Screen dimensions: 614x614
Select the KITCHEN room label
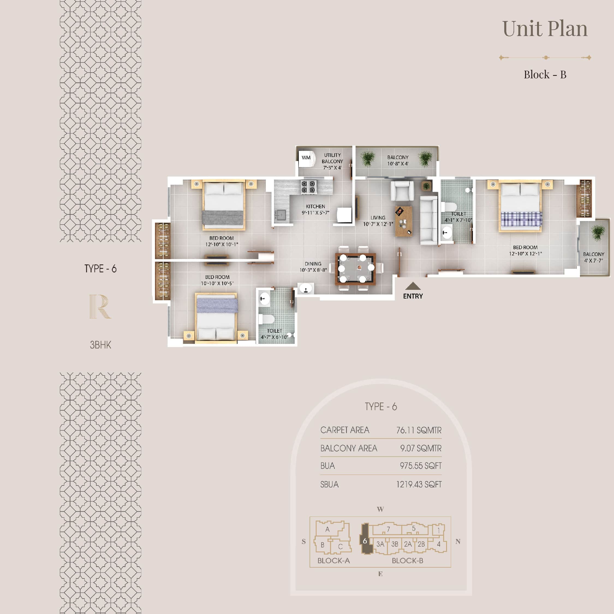click(315, 206)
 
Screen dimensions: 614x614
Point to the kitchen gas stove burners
click(309, 187)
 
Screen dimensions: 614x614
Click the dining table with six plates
click(356, 269)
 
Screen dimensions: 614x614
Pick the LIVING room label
click(378, 218)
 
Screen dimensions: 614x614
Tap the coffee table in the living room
click(403, 221)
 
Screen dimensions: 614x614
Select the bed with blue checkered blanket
click(520, 206)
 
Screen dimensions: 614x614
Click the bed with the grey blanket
click(223, 205)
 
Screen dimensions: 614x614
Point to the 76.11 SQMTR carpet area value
click(419, 430)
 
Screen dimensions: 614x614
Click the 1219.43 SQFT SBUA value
click(419, 484)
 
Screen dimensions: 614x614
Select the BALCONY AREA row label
click(349, 448)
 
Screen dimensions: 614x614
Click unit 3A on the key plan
click(380, 544)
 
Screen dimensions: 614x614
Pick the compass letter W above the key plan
click(380, 509)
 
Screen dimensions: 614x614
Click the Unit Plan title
click(545, 29)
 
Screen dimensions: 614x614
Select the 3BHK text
click(100, 345)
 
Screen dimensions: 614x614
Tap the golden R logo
click(100, 306)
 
